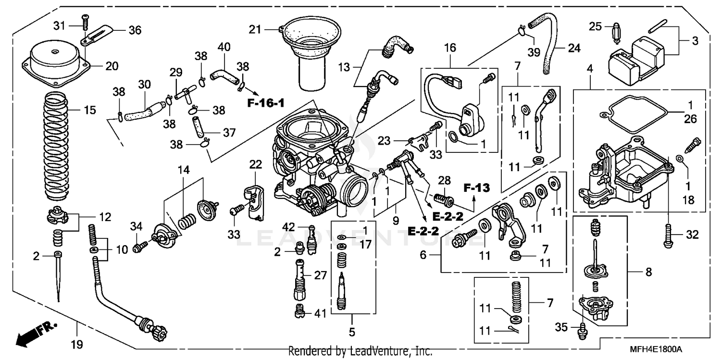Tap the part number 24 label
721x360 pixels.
pyautogui.click(x=574, y=48)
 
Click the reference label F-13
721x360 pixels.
pyautogui.click(x=477, y=188)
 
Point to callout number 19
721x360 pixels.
pyautogui.click(x=77, y=344)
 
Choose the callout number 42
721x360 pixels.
pyautogui.click(x=288, y=227)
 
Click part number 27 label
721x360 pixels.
pyautogui.click(x=321, y=276)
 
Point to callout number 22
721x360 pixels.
pyautogui.click(x=255, y=164)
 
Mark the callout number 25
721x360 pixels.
pyautogui.click(x=595, y=26)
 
